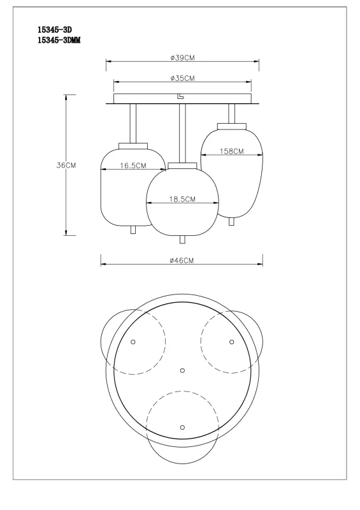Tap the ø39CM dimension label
[182, 58]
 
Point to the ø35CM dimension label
[182, 78]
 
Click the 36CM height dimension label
[66, 165]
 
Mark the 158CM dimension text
[232, 152]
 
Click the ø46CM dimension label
[182, 261]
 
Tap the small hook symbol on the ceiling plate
[180, 97]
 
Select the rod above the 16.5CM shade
[133, 122]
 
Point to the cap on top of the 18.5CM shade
[183, 166]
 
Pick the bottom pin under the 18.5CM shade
[183, 239]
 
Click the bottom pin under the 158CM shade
[232, 221]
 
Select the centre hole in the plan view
[182, 370]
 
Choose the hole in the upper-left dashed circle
[133, 342]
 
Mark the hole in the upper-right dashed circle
[232, 342]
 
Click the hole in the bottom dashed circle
[182, 426]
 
